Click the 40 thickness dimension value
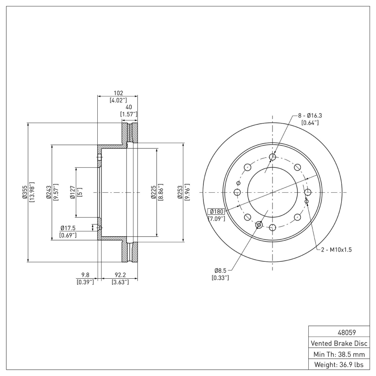[128, 107]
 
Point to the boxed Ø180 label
[217, 211]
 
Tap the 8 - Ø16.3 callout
[309, 115]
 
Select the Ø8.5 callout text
[221, 271]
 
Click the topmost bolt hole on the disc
[273, 157]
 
